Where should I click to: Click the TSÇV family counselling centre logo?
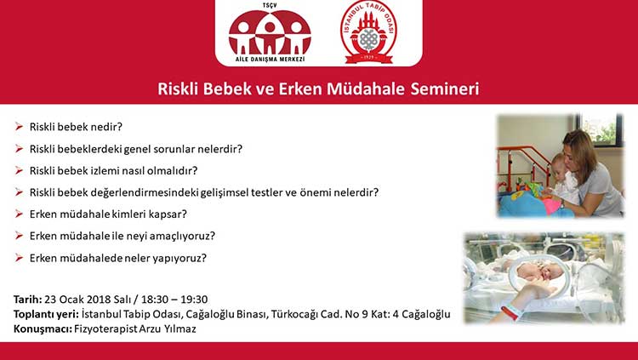(270, 33)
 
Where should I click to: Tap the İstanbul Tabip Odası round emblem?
(369, 32)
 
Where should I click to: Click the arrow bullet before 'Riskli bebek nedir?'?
(19, 127)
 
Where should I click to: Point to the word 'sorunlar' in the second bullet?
(159, 149)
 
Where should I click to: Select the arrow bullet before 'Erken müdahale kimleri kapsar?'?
(19, 214)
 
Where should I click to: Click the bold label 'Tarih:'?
(28, 300)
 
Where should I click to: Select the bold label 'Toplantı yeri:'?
(46, 314)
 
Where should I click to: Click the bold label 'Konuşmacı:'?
(43, 329)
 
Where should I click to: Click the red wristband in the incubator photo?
(511, 311)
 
